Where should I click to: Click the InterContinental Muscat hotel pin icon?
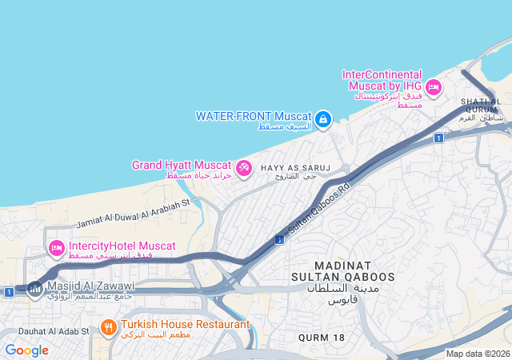pyautogui.click(x=434, y=87)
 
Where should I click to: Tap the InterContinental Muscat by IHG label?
pyautogui.click(x=383, y=80)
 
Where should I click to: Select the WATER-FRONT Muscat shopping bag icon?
pyautogui.click(x=322, y=120)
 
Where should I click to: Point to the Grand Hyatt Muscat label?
pyautogui.click(x=182, y=165)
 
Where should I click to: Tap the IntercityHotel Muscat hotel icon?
pyautogui.click(x=56, y=249)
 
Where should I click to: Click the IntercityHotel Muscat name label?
pyautogui.click(x=122, y=246)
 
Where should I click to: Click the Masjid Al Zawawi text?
pyautogui.click(x=90, y=286)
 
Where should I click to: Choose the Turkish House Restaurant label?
pyautogui.click(x=185, y=325)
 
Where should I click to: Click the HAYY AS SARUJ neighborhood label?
pyautogui.click(x=290, y=168)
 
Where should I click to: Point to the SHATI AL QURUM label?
pyautogui.click(x=481, y=102)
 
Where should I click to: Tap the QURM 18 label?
pyautogui.click(x=322, y=338)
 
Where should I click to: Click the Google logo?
pyautogui.click(x=26, y=350)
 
